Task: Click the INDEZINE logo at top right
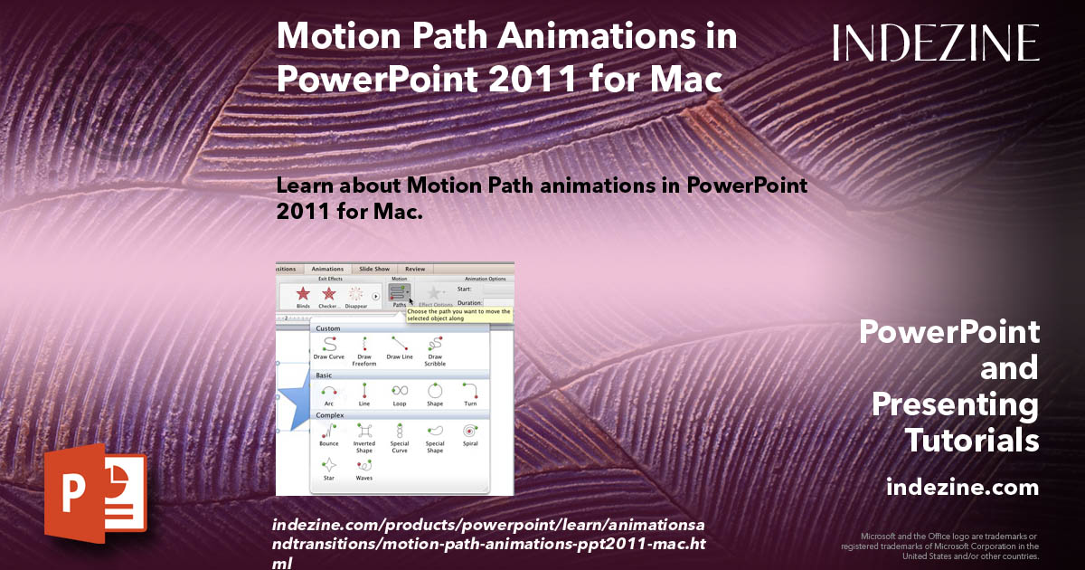(936, 43)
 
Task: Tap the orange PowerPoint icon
(95, 493)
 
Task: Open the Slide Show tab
(374, 269)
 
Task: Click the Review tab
(415, 269)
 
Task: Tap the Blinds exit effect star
(303, 295)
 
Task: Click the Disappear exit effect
(355, 295)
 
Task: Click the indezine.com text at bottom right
(962, 488)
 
